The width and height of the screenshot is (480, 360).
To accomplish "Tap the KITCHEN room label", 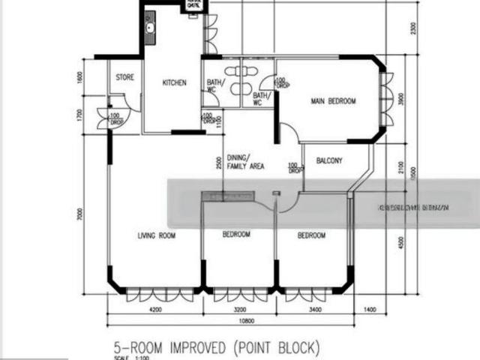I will (x=175, y=83).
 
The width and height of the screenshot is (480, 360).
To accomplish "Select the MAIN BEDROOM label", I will (x=334, y=101).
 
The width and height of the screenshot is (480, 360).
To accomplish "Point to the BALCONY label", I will (x=330, y=160).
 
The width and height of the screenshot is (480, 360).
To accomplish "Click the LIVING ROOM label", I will (x=156, y=235).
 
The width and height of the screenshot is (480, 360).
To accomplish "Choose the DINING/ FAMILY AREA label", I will (x=244, y=162).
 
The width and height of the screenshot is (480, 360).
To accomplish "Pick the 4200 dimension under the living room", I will (x=154, y=308).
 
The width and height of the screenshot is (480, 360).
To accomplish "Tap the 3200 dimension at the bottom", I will (x=239, y=308).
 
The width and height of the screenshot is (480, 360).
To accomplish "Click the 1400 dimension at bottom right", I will (x=370, y=308).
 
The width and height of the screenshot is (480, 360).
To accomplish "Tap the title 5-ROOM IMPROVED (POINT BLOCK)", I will (x=216, y=348).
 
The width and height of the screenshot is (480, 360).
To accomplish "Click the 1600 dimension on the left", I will (x=79, y=79).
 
